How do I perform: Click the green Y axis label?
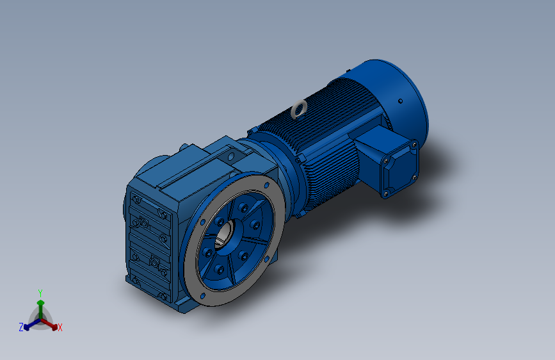[x=40, y=291]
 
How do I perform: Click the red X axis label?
[x=60, y=327]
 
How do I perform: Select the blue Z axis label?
[x=20, y=327]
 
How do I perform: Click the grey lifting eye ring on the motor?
[x=298, y=110]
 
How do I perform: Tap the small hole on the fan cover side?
[x=401, y=101]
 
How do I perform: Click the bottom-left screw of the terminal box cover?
[x=386, y=190]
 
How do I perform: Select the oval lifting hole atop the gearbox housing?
[x=229, y=154]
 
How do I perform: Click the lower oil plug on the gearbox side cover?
[x=154, y=261]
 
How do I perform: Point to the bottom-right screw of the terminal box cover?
[x=413, y=177]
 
